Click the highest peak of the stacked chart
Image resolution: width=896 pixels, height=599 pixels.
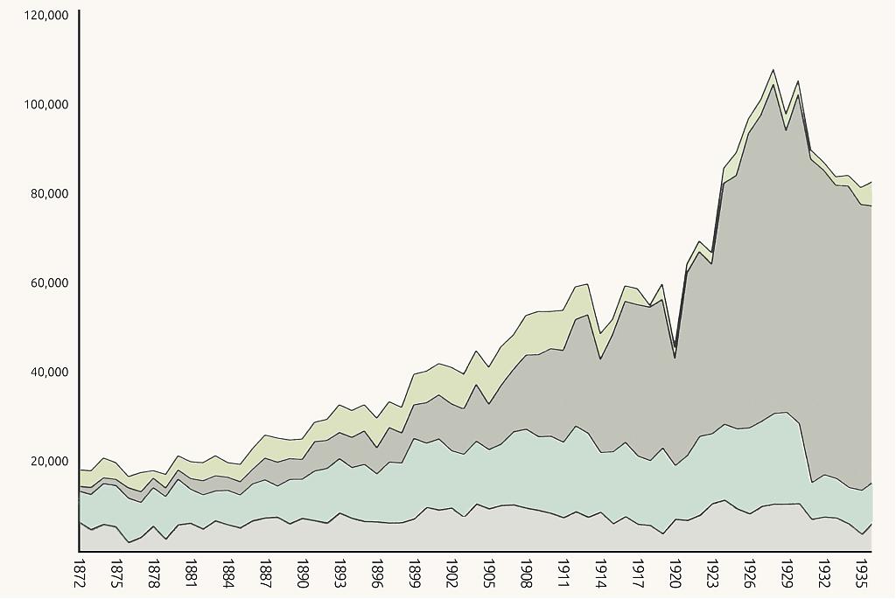(x=773, y=70)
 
